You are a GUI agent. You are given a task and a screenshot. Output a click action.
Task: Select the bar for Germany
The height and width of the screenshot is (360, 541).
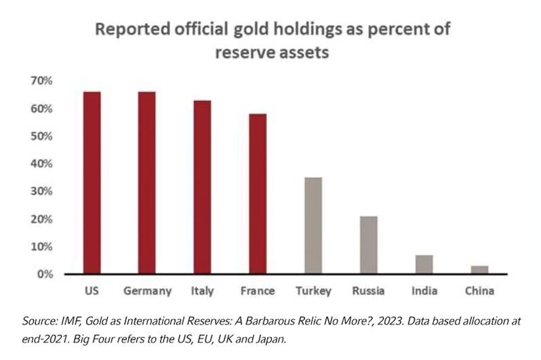pyautogui.click(x=146, y=183)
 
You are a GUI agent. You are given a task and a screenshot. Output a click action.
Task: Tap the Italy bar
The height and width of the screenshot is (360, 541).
pyautogui.click(x=202, y=187)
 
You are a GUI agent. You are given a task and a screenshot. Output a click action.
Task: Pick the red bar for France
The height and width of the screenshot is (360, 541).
pyautogui.click(x=257, y=194)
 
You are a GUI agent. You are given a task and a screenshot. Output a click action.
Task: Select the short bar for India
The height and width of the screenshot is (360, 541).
pyautogui.click(x=424, y=264)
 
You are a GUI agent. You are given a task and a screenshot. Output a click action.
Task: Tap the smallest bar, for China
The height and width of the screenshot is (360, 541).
pyautogui.click(x=479, y=270)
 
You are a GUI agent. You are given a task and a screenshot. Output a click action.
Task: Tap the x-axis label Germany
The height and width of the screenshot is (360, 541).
pyautogui.click(x=146, y=292)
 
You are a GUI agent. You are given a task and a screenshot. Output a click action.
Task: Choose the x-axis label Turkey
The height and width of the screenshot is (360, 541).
pyautogui.click(x=313, y=292)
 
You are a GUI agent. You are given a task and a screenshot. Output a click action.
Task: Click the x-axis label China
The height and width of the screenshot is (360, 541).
pyautogui.click(x=479, y=292)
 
